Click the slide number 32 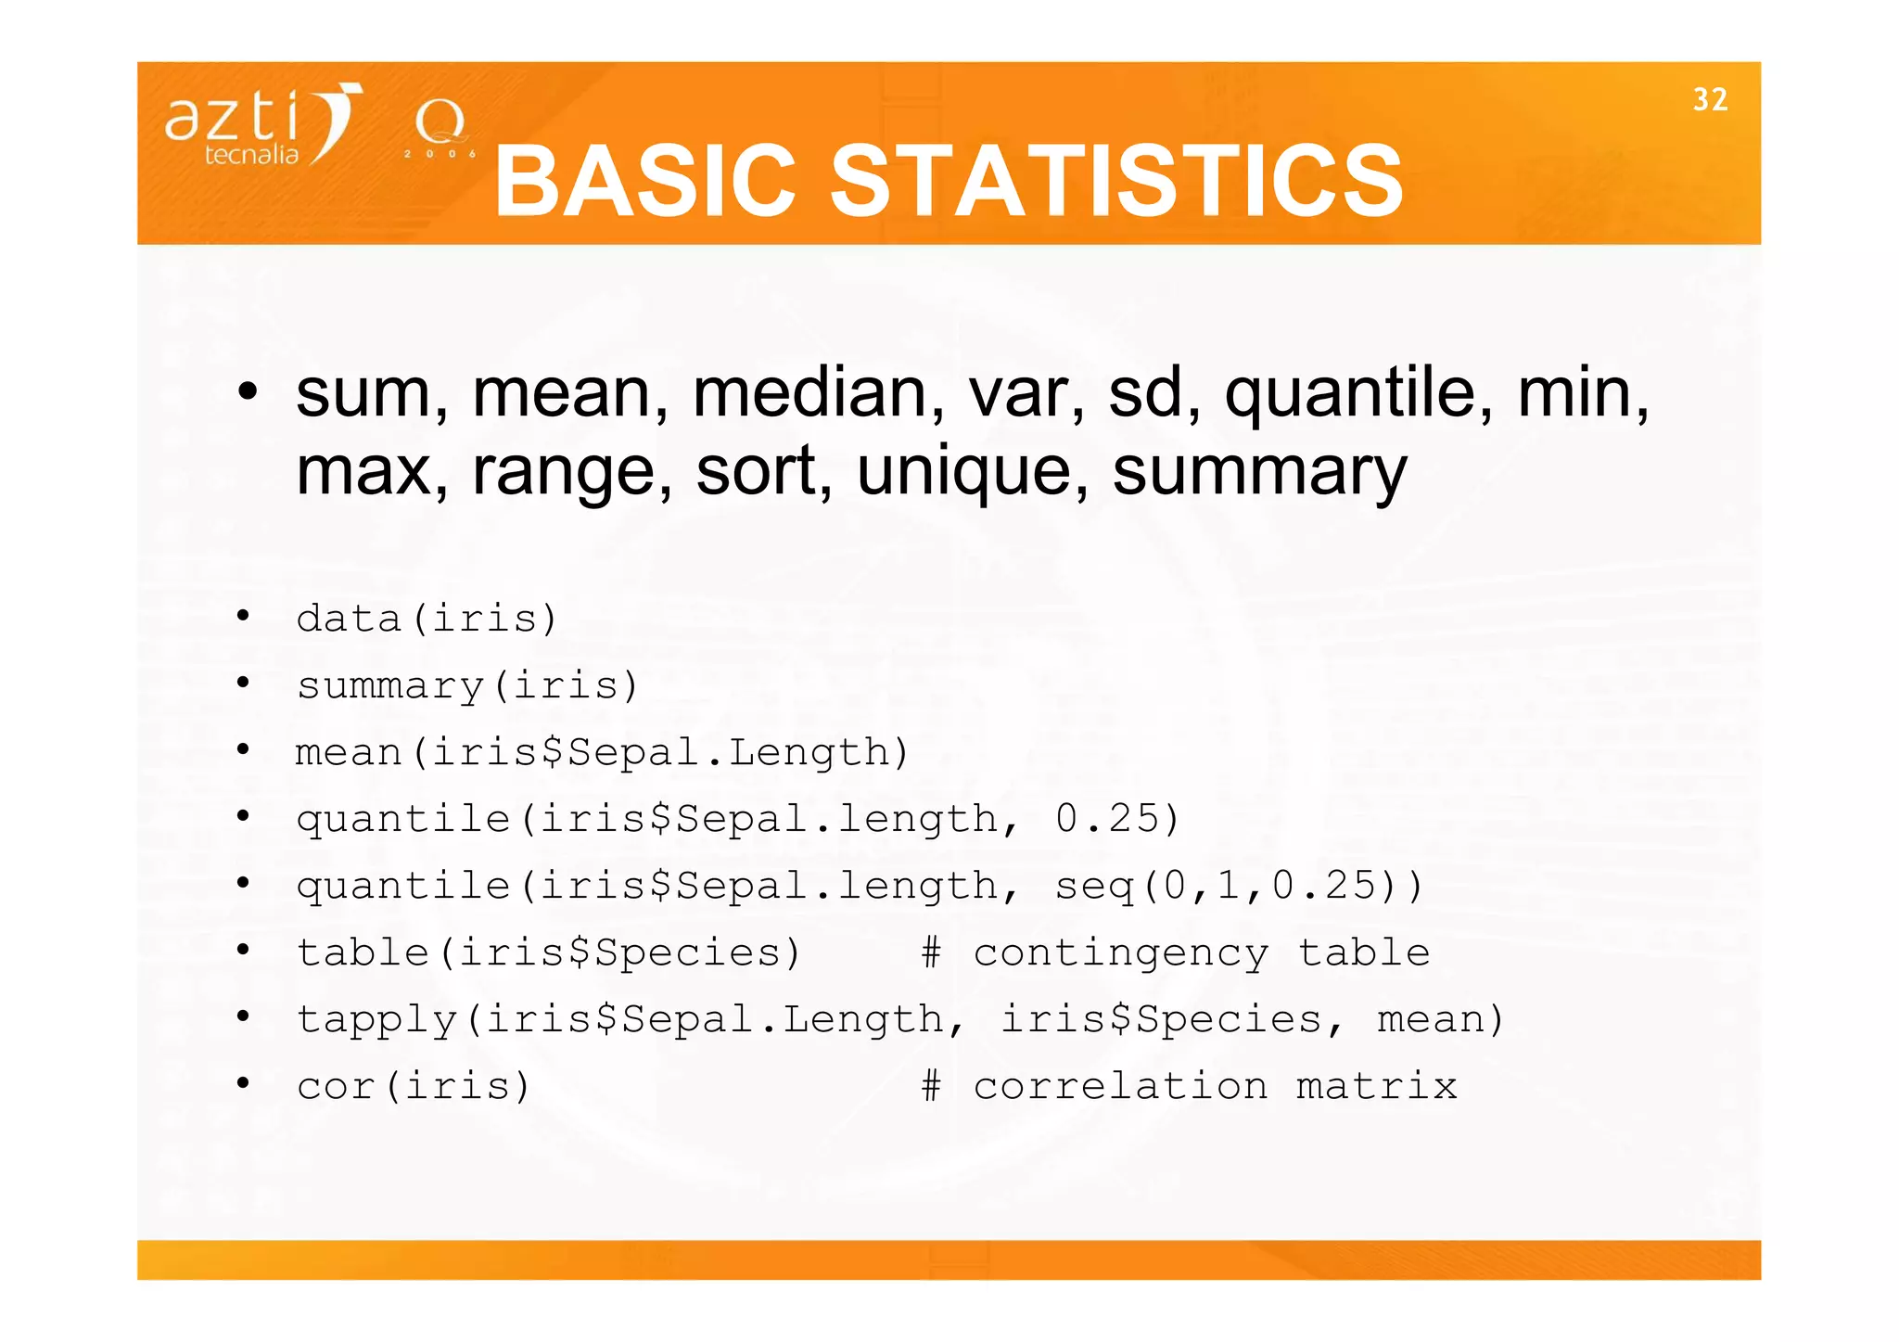pos(1710,99)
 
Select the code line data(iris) pos(427,619)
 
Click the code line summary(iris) pos(467,686)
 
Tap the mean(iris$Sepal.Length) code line pos(602,752)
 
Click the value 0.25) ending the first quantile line pos(1116,819)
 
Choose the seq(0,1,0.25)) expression pos(1238,886)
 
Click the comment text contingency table pos(1201,953)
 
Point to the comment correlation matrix pos(1214,1086)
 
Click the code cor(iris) pos(414,1086)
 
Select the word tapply pos(376,1020)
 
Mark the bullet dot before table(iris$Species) pos(243,949)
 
